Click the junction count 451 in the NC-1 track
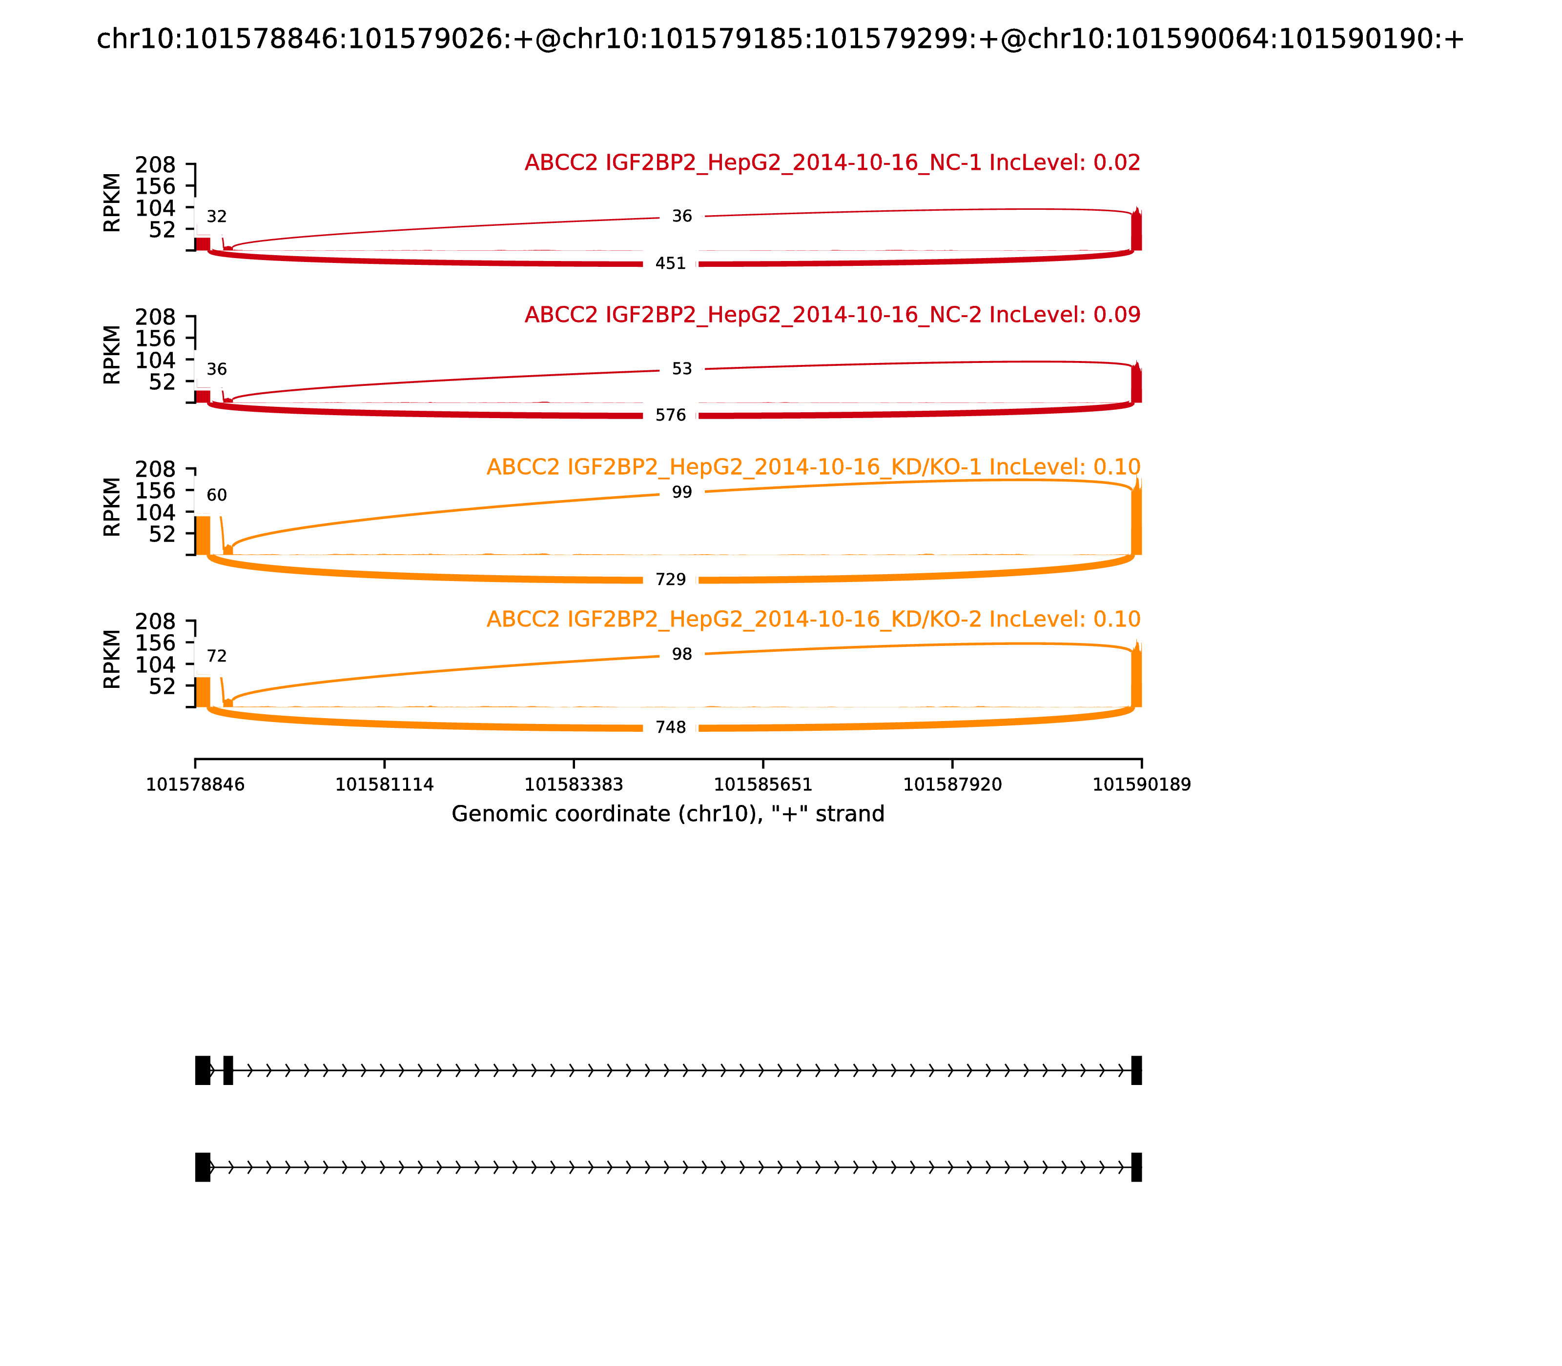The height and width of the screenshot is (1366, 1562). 670,264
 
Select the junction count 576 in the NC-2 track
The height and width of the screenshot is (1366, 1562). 670,416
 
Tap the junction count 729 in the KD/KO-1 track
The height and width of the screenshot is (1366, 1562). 670,580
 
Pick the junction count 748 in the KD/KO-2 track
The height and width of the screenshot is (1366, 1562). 670,728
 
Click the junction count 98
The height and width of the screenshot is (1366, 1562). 682,655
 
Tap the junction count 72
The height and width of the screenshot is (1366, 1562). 217,657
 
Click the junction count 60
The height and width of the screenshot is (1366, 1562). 217,496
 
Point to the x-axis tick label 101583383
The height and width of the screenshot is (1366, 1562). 574,785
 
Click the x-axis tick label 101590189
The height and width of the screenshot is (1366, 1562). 1141,785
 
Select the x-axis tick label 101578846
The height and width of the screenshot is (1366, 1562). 195,785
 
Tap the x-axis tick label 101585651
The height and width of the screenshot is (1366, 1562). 762,785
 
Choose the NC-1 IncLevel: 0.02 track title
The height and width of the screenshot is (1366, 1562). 832,163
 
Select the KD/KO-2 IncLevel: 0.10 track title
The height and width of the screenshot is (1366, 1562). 813,620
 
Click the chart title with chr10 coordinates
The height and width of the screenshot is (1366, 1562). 780,40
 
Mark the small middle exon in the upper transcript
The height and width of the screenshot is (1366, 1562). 228,1071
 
